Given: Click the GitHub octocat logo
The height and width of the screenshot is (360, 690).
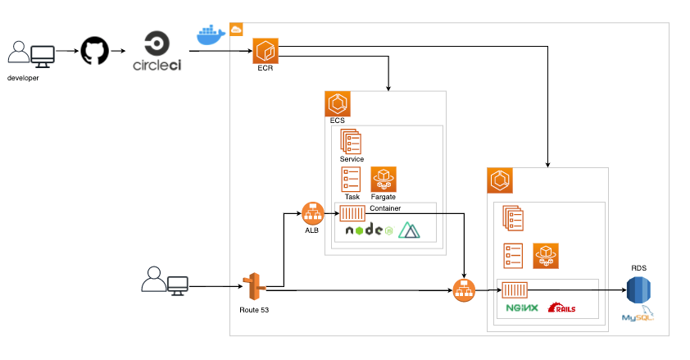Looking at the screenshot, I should pyautogui.click(x=94, y=52).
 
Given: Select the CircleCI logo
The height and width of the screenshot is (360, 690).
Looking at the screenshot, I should pyautogui.click(x=162, y=52).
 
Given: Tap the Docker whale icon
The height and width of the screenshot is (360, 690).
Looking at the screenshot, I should pyautogui.click(x=211, y=34).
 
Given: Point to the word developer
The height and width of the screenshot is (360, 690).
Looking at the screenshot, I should pyautogui.click(x=23, y=78).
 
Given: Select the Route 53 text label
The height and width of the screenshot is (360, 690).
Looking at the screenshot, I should pyautogui.click(x=253, y=310).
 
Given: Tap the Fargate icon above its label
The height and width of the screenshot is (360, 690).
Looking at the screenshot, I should pyautogui.click(x=384, y=179).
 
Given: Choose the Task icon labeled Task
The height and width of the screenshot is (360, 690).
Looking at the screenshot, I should pyautogui.click(x=352, y=179).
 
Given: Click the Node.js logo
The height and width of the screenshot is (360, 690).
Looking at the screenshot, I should pyautogui.click(x=369, y=230).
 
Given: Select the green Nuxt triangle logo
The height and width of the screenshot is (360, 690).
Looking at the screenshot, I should pyautogui.click(x=409, y=230).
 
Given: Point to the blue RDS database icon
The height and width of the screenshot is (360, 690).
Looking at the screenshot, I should pyautogui.click(x=639, y=291).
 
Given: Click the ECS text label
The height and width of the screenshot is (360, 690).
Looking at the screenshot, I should pyautogui.click(x=337, y=121).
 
